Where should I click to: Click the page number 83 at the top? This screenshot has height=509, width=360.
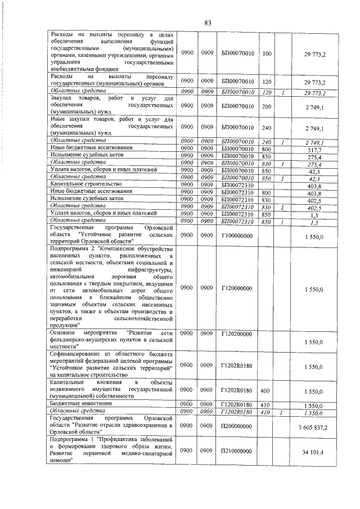pyautogui.click(x=208, y=23)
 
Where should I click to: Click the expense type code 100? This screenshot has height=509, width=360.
pyautogui.click(x=267, y=53)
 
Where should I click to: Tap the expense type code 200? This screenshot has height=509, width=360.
pyautogui.click(x=267, y=106)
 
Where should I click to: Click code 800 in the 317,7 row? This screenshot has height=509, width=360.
pyautogui.click(x=267, y=149)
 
